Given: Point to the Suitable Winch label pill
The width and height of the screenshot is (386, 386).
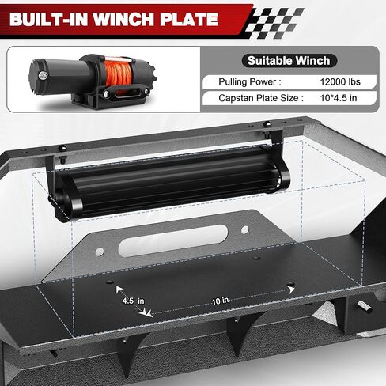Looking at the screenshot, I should (x=289, y=60).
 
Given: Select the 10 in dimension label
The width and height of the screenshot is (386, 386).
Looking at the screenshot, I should (x=220, y=300).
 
